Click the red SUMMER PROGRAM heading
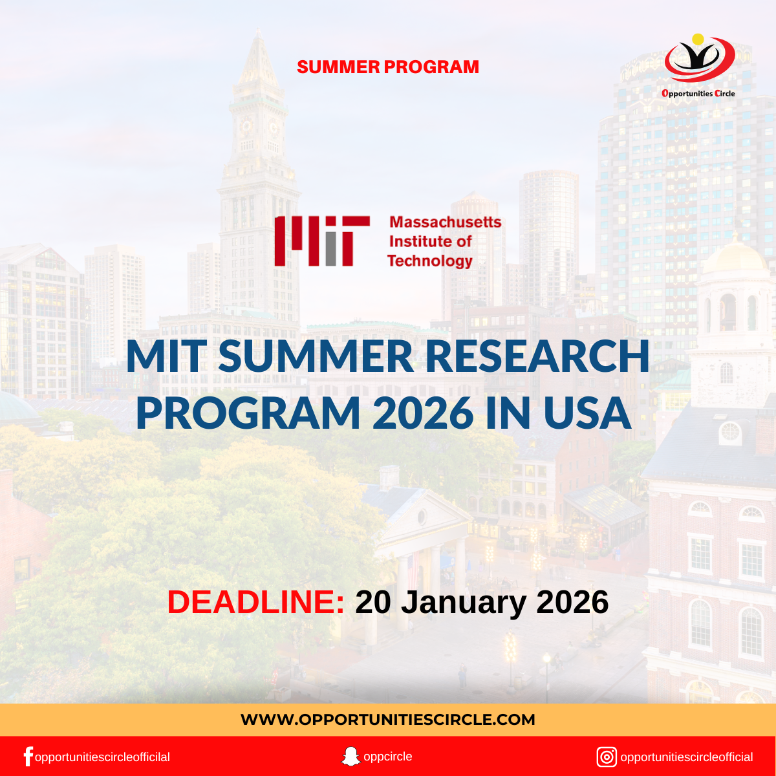pyautogui.click(x=388, y=67)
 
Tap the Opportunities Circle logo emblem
pyautogui.click(x=699, y=58)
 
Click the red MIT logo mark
pyautogui.click(x=321, y=241)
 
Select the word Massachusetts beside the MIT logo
pyautogui.click(x=445, y=222)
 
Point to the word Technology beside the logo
pyautogui.click(x=430, y=261)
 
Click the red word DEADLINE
pyautogui.click(x=255, y=602)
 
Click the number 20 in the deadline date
pyautogui.click(x=374, y=602)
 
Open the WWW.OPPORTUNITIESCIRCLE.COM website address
pyautogui.click(x=388, y=720)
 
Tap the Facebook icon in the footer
pyautogui.click(x=28, y=757)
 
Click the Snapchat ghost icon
pyautogui.click(x=350, y=756)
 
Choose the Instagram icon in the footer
pyautogui.click(x=607, y=757)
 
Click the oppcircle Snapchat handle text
pyautogui.click(x=387, y=757)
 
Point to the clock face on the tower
pyautogui.click(x=245, y=125)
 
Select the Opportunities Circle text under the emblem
pyautogui.click(x=698, y=93)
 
